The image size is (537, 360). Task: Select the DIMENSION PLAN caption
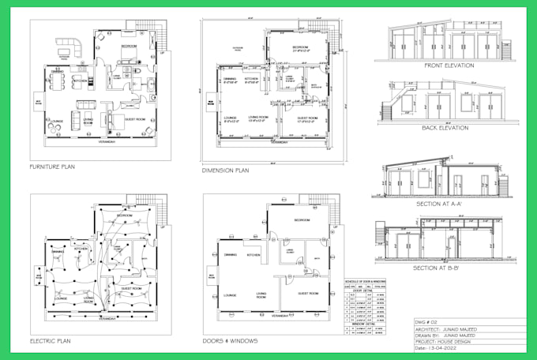coord(227,171)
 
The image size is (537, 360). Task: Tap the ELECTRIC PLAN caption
coord(52,341)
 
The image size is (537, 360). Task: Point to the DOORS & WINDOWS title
coord(229,341)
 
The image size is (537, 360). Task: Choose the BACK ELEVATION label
coord(445,127)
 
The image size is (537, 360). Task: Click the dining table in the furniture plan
coord(57,80)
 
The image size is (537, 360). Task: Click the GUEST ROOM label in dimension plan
coord(306,118)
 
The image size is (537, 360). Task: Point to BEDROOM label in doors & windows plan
coord(302,219)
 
